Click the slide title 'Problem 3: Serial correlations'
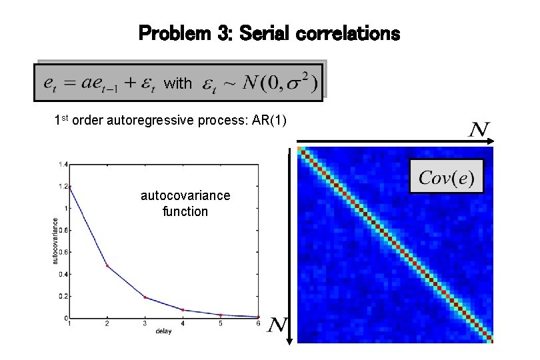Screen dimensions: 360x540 [269, 33]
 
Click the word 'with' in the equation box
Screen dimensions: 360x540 [177, 83]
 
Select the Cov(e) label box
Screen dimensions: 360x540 [446, 177]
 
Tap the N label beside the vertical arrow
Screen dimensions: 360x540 [277, 326]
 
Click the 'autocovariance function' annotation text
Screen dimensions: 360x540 [185, 203]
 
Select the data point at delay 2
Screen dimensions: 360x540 [107, 266]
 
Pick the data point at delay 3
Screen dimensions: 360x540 [145, 297]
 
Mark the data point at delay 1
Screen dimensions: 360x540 [69, 187]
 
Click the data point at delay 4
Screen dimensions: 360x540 [183, 310]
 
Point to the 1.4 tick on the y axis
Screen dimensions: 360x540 [62, 163]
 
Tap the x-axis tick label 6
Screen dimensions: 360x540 [259, 323]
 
